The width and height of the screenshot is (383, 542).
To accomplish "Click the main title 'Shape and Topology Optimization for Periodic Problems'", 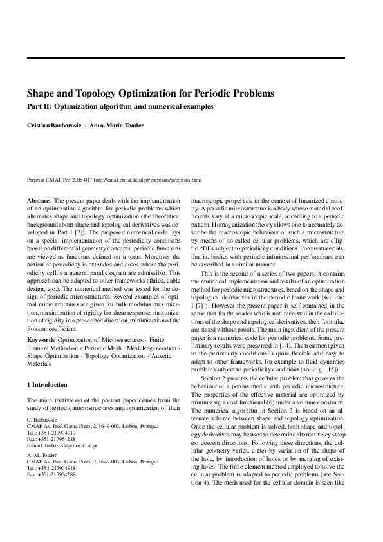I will pyautogui.click(x=151, y=93).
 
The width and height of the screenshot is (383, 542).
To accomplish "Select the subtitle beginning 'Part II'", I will pyautogui.click(x=120, y=106).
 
